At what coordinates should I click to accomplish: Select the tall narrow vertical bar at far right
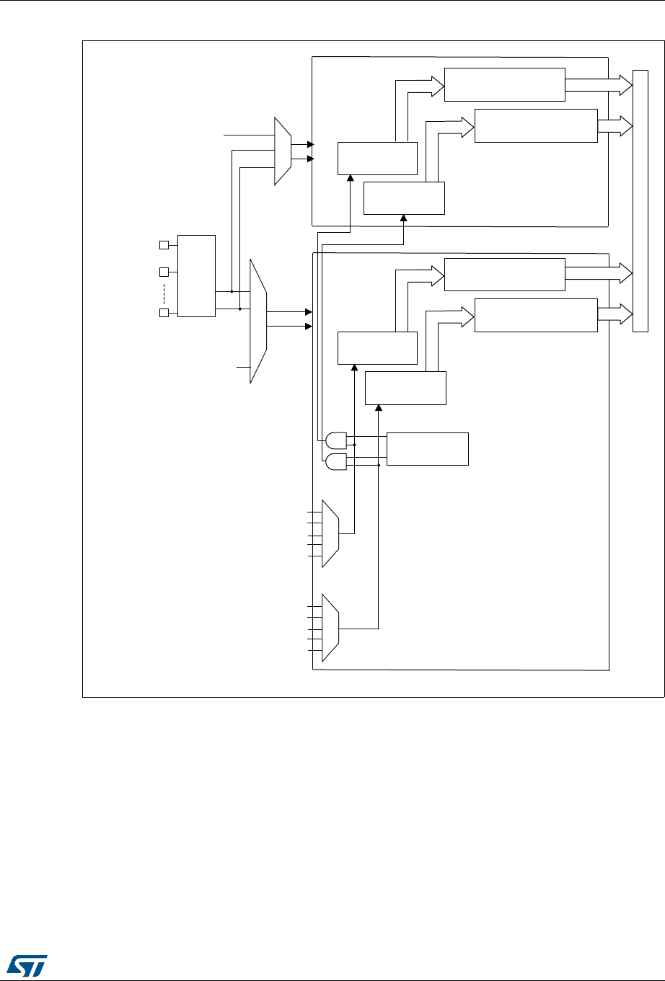[x=640, y=201]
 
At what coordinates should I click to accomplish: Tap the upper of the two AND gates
[x=336, y=440]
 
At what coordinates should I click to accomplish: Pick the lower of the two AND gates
[x=336, y=462]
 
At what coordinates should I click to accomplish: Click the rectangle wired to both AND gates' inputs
[x=428, y=449]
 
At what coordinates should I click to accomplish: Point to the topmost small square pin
[x=163, y=246]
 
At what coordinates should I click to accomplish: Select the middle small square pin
[x=163, y=272]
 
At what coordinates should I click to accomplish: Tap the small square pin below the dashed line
[x=163, y=313]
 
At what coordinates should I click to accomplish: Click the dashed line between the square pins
[x=164, y=293]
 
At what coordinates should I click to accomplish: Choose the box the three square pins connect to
[x=196, y=275]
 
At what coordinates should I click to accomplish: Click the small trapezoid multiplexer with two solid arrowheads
[x=282, y=151]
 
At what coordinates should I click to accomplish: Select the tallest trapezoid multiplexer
[x=258, y=321]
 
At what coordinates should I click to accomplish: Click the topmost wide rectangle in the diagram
[x=504, y=85]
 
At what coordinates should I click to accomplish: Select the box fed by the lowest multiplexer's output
[x=405, y=389]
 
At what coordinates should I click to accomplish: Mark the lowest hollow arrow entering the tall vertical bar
[x=615, y=314]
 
